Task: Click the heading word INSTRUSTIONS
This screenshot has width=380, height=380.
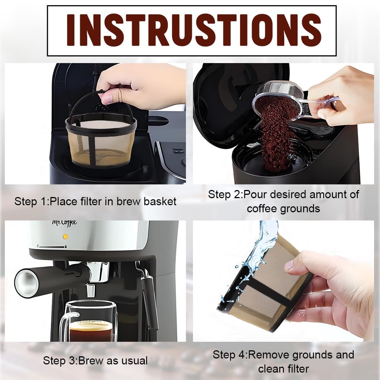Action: [191, 30]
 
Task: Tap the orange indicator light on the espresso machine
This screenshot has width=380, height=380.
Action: [66, 236]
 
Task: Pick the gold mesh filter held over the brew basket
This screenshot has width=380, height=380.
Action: [101, 143]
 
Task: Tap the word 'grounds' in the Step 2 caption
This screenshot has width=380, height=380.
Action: [301, 209]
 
